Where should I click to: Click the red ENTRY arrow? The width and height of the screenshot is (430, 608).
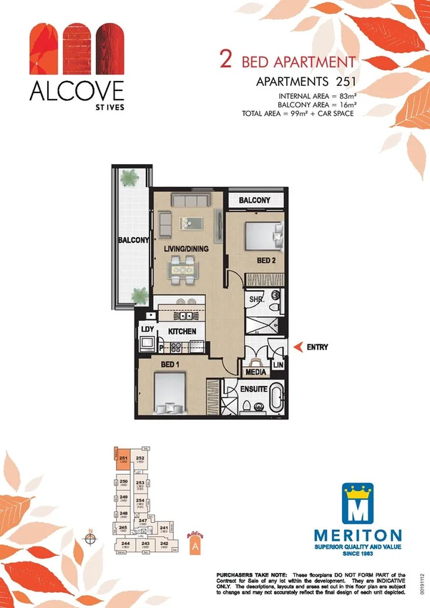point(298,347)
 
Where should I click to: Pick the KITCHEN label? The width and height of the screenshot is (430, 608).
point(182,332)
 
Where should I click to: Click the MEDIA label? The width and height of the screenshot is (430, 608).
point(256,372)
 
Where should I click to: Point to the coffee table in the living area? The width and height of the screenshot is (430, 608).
point(191,223)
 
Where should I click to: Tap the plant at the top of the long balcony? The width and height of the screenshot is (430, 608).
point(130,176)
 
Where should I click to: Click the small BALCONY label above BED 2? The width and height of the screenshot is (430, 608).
point(254,200)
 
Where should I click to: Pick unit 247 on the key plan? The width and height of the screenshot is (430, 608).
point(142,521)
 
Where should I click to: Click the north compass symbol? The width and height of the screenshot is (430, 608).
point(91,539)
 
